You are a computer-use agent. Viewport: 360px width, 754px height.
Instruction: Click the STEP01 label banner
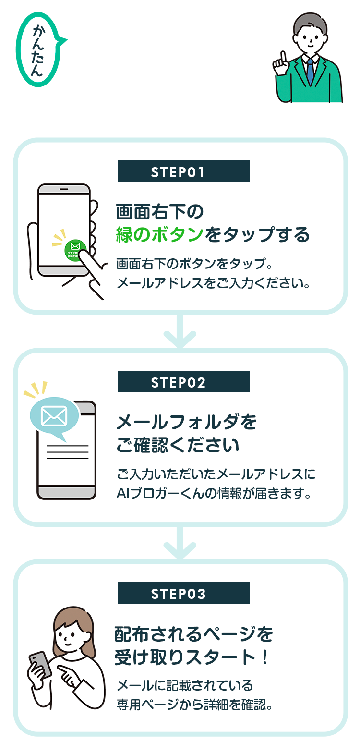184,171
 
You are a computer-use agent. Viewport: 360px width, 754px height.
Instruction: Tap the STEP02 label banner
184,382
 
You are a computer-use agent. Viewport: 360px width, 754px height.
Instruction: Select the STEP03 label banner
184,593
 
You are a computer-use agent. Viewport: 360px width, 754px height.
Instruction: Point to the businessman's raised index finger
283,58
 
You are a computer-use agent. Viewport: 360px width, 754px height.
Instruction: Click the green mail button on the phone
75,249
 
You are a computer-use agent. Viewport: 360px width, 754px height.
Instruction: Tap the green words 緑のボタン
160,235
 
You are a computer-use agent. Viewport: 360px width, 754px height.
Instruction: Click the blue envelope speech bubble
54,416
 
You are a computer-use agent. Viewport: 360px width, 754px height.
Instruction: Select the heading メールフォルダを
186,423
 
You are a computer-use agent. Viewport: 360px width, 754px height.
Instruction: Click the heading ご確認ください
178,445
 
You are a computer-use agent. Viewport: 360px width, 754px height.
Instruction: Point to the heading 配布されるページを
193,634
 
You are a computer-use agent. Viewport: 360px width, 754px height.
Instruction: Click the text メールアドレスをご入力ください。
213,283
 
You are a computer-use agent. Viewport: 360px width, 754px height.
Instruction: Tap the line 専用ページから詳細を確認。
194,705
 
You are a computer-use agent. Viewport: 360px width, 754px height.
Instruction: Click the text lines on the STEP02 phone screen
67,452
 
